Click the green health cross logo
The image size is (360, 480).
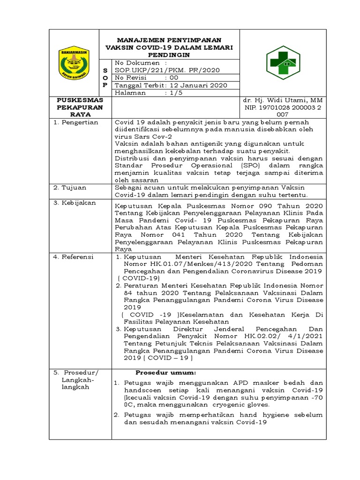click(283, 63)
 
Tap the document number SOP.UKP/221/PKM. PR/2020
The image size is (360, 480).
click(167, 70)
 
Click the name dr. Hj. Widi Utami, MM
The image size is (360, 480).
click(282, 101)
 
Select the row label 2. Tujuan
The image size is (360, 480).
click(71, 187)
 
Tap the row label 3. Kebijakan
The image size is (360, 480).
click(75, 202)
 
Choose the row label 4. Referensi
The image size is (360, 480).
click(74, 257)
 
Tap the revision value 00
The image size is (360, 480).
click(174, 78)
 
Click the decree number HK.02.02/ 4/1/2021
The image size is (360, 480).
click(277, 336)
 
